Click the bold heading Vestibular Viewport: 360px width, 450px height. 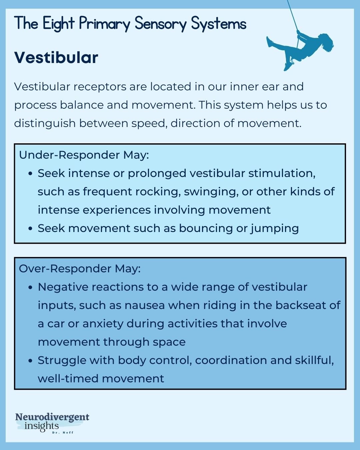coord(56,58)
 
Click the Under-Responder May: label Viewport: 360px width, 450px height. coord(84,155)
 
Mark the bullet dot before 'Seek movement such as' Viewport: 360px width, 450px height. coord(31,229)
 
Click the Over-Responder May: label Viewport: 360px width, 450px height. coord(80,269)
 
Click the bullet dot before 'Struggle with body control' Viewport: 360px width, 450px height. coord(31,361)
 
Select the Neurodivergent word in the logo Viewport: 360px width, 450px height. coord(52,417)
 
